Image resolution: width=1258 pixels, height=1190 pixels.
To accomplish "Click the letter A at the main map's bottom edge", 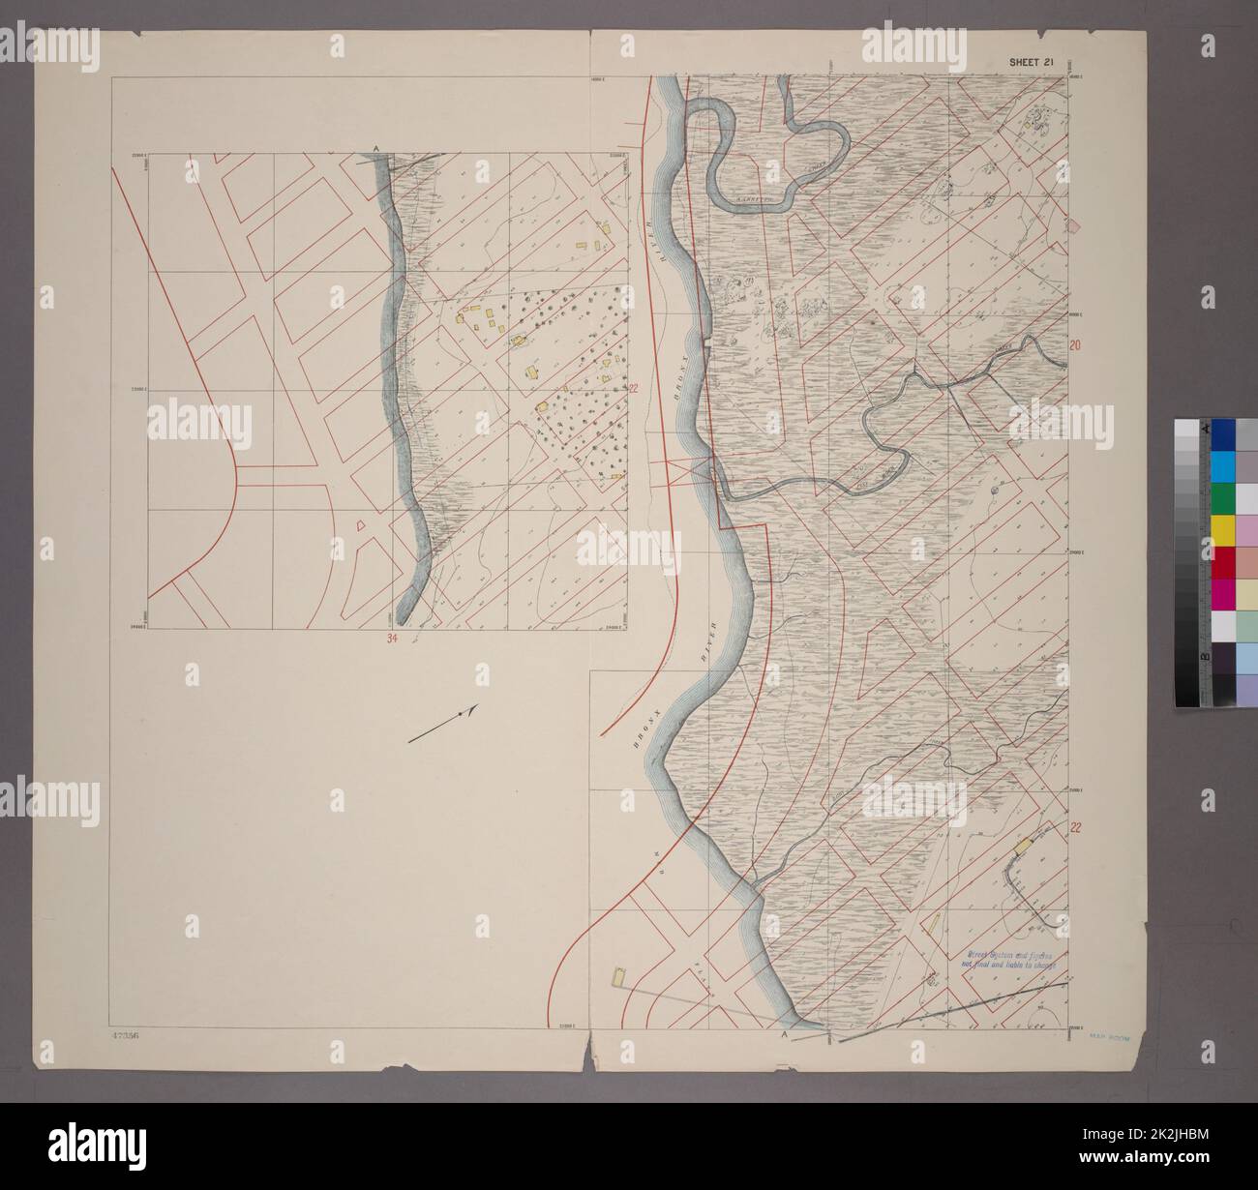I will click(x=783, y=1034).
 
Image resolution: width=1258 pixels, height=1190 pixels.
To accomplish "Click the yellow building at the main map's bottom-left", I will click(x=616, y=976).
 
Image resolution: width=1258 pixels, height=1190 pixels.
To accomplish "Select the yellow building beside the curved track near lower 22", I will click(x=1021, y=846).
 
